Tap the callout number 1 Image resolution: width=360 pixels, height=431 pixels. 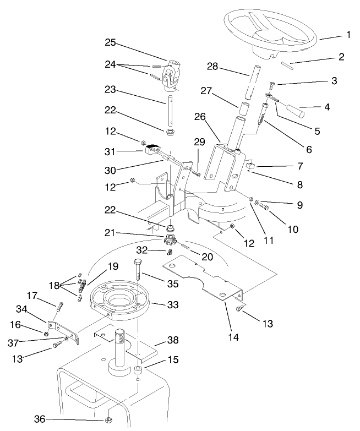(347, 35)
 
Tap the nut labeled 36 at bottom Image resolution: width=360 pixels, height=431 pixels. (109, 419)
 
